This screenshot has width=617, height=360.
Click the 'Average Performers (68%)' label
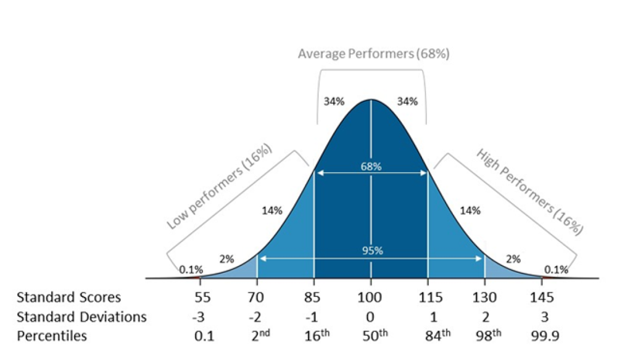(373, 54)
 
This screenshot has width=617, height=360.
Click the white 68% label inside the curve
(371, 167)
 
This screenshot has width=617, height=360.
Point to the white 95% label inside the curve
(371, 251)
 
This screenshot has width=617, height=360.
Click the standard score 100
(371, 298)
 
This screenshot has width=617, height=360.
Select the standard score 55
(202, 298)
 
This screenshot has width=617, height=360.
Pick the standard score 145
(540, 298)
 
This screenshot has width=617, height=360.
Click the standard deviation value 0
(371, 317)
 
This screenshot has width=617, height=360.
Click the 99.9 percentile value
(540, 336)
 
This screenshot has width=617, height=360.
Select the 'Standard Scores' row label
(68, 298)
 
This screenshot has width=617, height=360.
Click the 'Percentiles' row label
(52, 336)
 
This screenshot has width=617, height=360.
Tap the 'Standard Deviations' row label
(81, 317)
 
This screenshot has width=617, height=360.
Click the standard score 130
(484, 298)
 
